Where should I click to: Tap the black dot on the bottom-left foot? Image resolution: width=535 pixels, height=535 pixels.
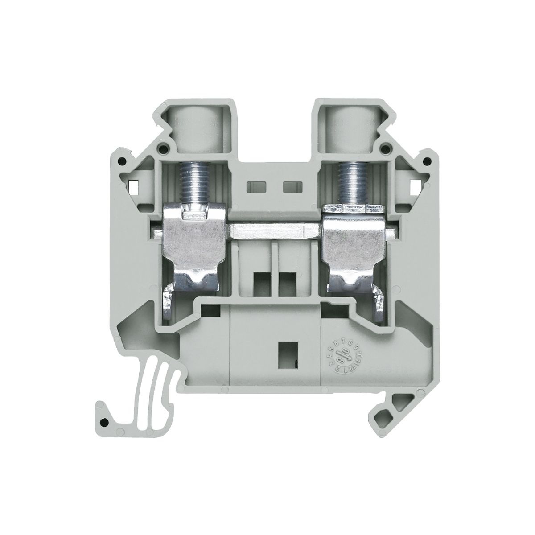click(x=104, y=422)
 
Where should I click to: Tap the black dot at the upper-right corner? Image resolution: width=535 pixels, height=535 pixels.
click(x=428, y=161)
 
